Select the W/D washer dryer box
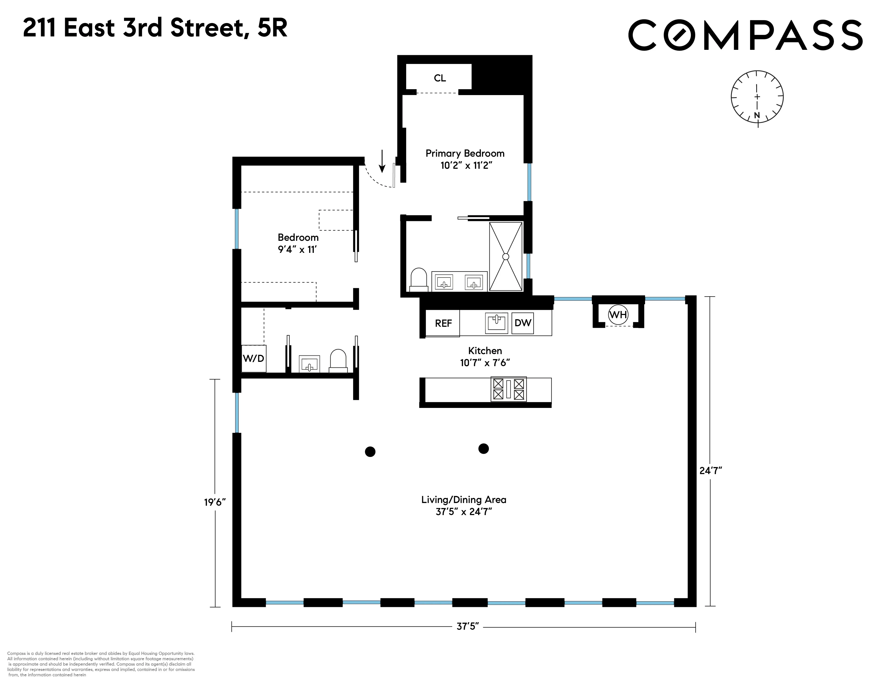[x=253, y=358]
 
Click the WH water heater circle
[x=618, y=314]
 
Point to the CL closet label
[x=440, y=78]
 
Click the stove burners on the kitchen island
[x=508, y=389]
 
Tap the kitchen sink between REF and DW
[x=496, y=322]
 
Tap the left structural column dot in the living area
[x=370, y=452]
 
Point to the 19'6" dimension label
[x=215, y=502]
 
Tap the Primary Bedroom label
[x=465, y=153]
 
